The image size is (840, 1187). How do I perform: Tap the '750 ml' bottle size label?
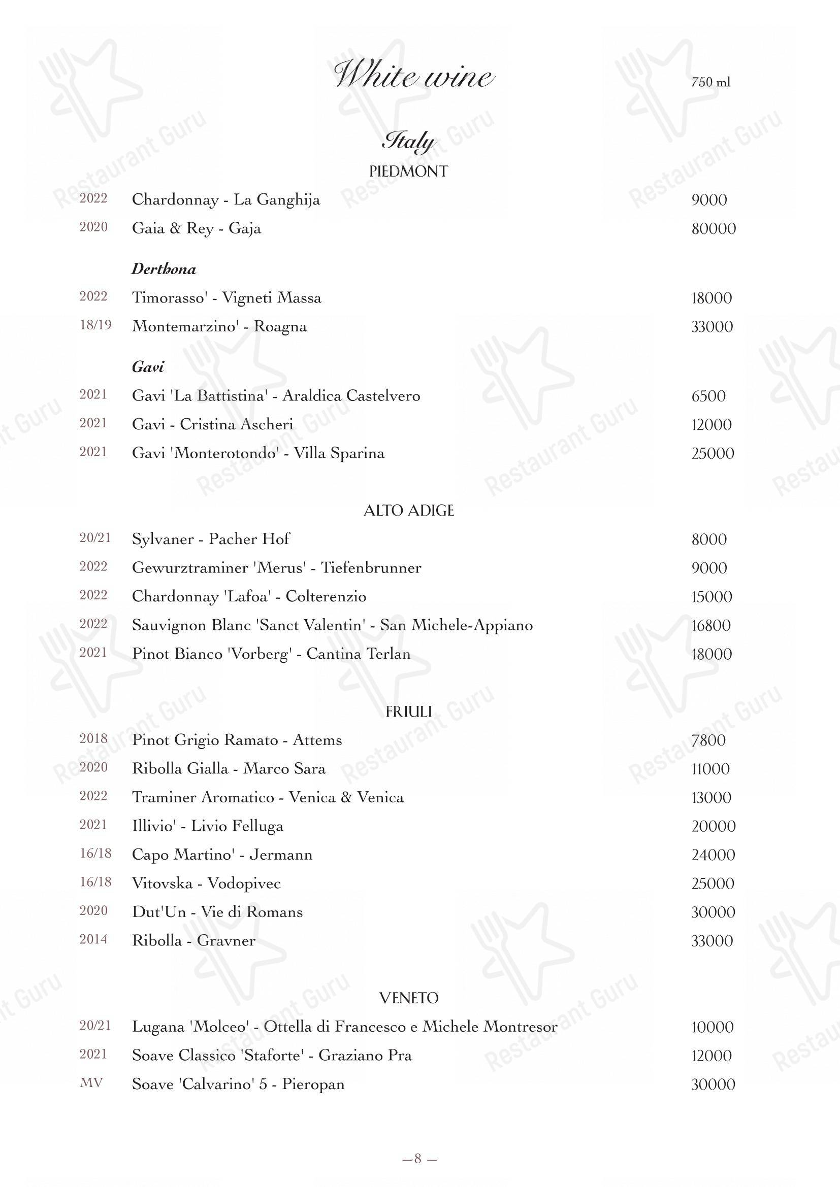coord(710,82)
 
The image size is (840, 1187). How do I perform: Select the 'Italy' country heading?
coord(409,141)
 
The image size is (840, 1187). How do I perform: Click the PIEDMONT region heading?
coord(408,172)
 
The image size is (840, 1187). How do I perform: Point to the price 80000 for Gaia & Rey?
coord(713,228)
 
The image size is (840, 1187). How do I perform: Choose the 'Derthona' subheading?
coord(164,269)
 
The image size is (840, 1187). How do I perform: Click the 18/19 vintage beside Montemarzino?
coord(95,325)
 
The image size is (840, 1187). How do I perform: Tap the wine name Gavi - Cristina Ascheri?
coord(213,424)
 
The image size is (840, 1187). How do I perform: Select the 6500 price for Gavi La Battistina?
coord(708,396)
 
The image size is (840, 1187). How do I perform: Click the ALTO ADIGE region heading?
coord(409,511)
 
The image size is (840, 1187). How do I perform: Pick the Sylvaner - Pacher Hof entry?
coord(211,539)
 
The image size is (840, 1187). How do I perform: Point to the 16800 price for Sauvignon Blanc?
coord(710,626)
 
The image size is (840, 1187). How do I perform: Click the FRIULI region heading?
coord(408,712)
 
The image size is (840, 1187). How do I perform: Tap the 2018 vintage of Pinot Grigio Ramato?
coord(93,738)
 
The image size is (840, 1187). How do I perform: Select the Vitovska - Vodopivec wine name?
coord(206,884)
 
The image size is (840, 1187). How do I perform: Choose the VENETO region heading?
coord(409,998)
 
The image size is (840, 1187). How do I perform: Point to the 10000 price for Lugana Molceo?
coord(712,1027)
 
